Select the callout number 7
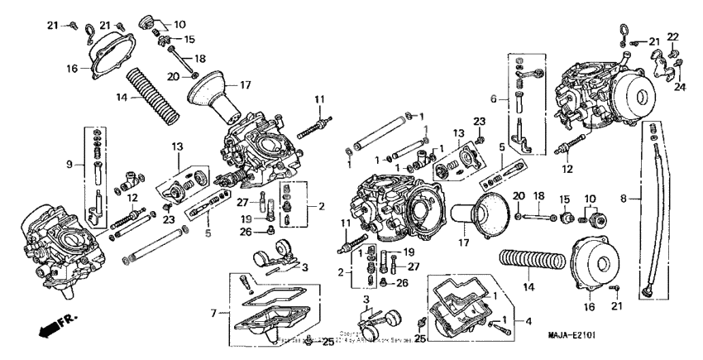(x=214, y=313)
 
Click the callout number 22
(x=672, y=36)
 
